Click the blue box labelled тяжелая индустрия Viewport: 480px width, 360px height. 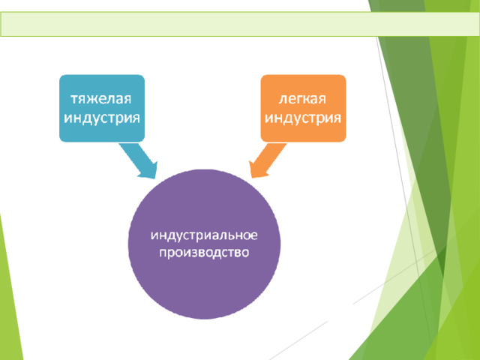(102, 108)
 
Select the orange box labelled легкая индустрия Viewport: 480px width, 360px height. (303, 108)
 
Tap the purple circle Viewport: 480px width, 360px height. (204, 244)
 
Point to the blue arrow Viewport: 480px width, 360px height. (139, 160)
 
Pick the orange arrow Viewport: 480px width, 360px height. (267, 160)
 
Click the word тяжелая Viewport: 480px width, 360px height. (101, 99)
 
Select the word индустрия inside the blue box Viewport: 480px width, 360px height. (102, 118)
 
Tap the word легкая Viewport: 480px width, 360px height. (302, 99)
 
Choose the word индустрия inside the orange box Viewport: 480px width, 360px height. (303, 118)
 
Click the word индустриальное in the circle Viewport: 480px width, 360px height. (204, 235)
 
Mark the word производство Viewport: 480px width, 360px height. (204, 253)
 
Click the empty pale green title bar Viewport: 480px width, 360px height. (240, 24)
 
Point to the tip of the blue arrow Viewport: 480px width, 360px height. (155, 178)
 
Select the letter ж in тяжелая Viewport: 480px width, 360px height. (91, 100)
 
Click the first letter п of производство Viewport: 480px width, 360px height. (163, 253)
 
